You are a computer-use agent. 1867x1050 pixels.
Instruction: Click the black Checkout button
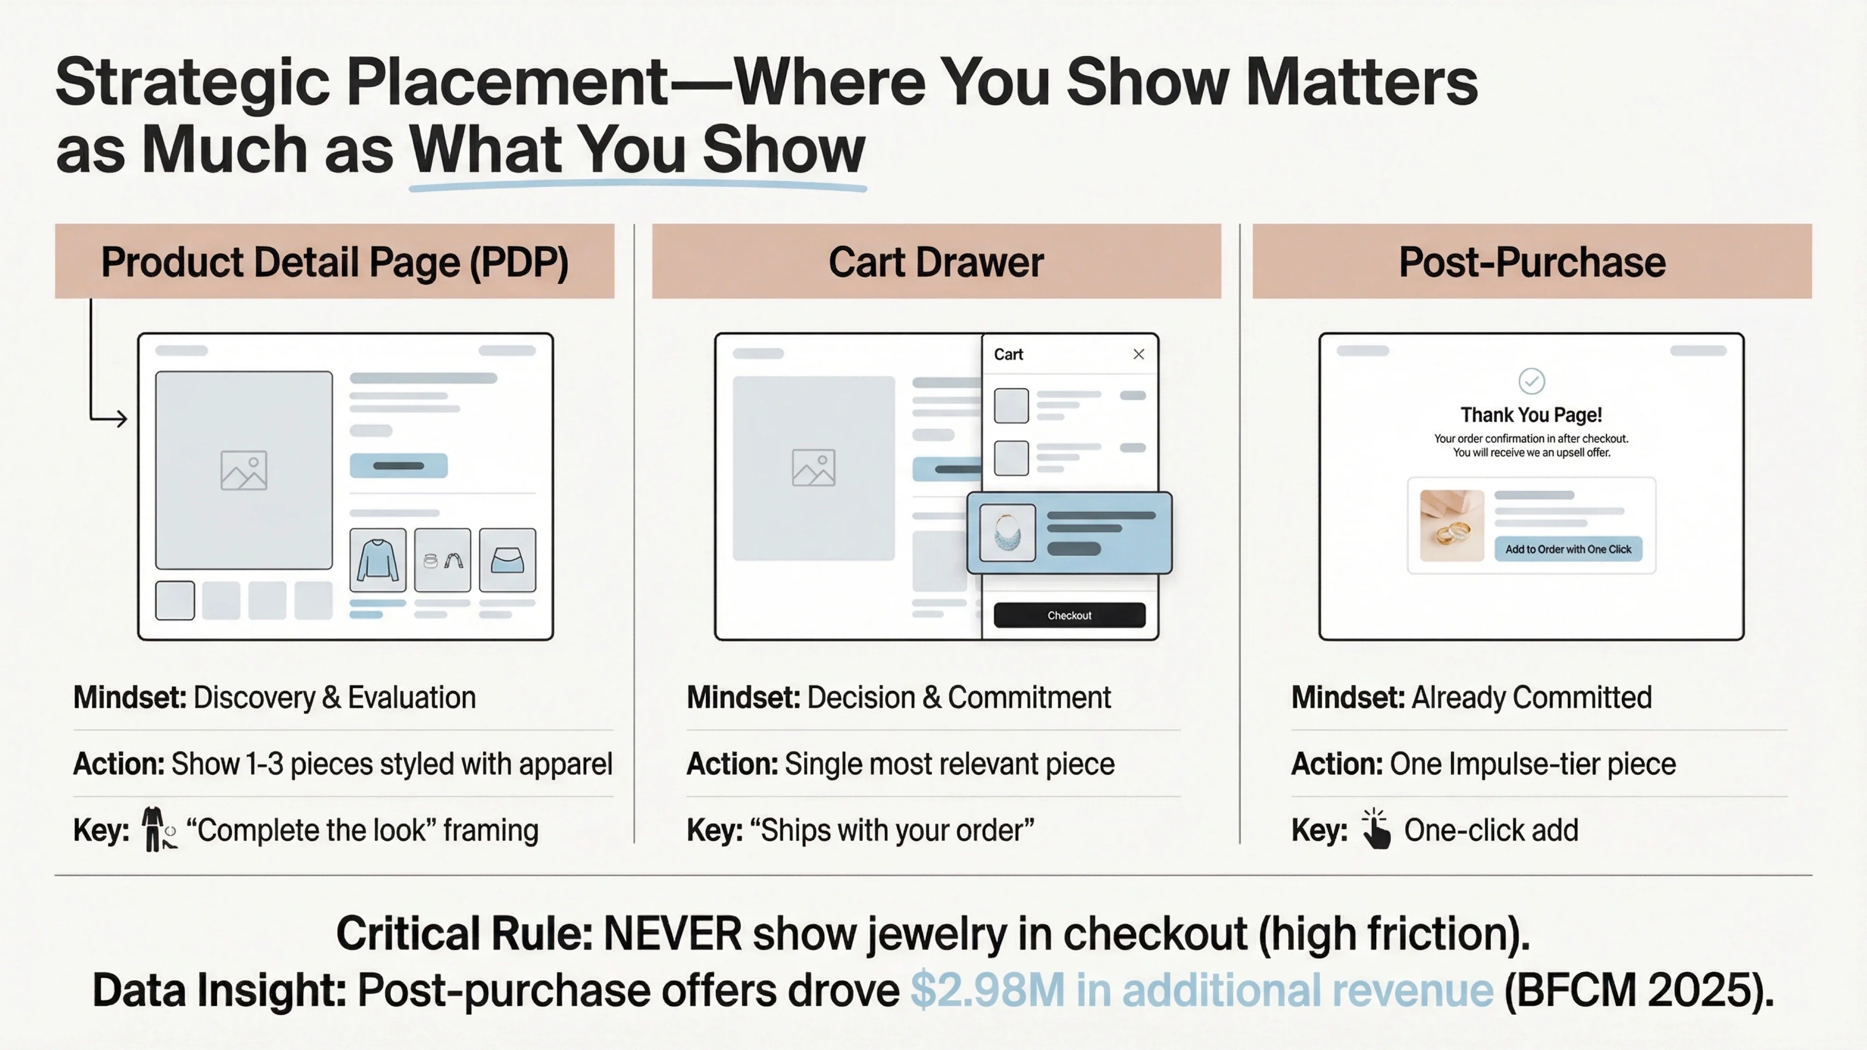[1069, 615]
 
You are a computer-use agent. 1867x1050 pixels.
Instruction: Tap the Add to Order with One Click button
[1568, 549]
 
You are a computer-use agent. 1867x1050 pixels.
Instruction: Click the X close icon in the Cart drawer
[1138, 354]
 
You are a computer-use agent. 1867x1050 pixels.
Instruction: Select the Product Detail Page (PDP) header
[334, 262]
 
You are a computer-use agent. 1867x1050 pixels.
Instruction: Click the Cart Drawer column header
[936, 262]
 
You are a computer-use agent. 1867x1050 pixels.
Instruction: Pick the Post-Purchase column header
[1531, 262]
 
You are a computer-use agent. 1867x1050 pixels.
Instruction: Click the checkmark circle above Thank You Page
[1531, 380]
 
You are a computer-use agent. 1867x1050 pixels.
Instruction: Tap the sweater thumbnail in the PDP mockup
[378, 560]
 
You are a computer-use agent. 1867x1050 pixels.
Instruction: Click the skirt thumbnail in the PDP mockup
[507, 560]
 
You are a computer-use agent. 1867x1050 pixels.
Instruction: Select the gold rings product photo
[1451, 526]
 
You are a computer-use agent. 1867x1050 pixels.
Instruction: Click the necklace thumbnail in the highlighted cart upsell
[1007, 532]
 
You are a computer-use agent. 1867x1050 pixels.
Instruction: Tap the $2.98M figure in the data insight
[986, 990]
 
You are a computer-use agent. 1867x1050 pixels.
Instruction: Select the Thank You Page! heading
[1531, 415]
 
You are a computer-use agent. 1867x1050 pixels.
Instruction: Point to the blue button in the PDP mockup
[398, 466]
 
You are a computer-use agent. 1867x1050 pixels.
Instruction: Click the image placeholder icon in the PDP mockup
[244, 470]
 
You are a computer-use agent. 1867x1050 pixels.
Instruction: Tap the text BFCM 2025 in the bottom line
[1638, 990]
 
